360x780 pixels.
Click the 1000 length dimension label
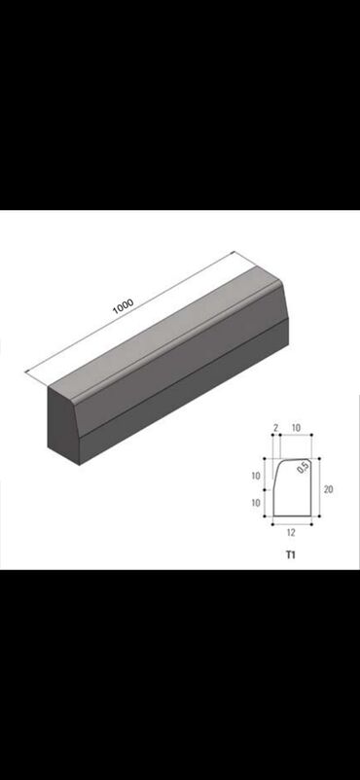123,306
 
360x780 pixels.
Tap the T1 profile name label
291,554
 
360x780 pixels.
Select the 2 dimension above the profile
275,427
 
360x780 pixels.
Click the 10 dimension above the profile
296,427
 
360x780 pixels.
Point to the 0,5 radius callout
304,468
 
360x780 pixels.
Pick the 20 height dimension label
328,489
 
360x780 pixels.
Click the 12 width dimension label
291,532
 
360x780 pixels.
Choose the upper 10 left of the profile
256,476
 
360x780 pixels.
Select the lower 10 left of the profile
256,503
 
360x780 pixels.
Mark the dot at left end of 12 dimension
272,524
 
